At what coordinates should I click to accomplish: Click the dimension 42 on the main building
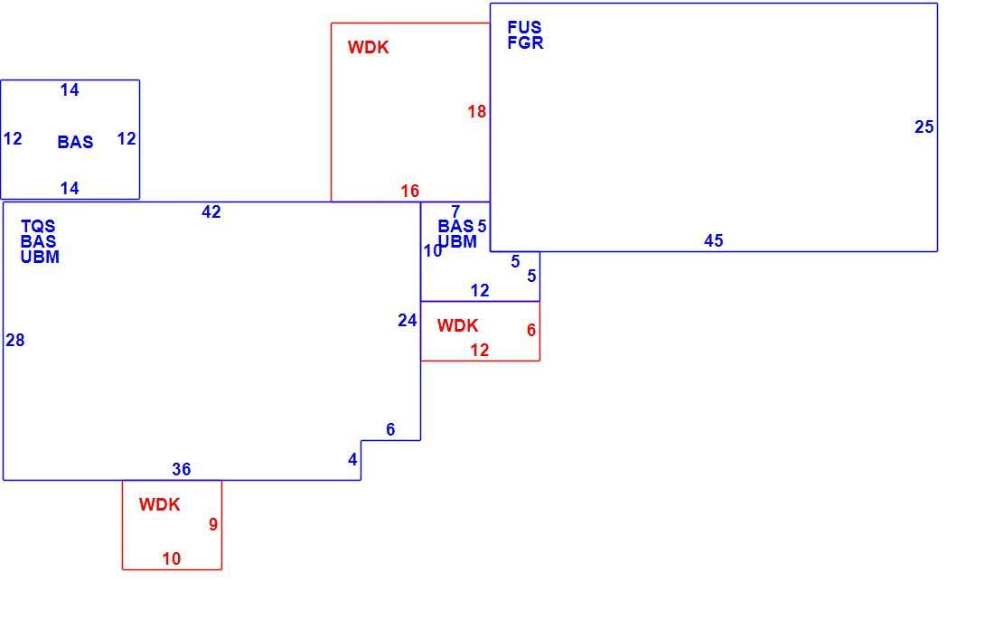click(x=211, y=211)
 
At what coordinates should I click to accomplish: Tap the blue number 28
click(x=15, y=341)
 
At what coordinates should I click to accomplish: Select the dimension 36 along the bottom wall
click(x=182, y=469)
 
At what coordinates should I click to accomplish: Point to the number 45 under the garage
click(x=714, y=241)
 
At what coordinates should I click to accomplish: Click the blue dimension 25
click(x=924, y=127)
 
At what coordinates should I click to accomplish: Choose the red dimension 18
click(x=477, y=112)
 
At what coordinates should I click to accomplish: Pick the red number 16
click(x=410, y=191)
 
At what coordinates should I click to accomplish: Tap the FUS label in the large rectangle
click(x=524, y=27)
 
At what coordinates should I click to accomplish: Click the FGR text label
click(x=526, y=42)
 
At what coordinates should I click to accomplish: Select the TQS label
click(x=38, y=227)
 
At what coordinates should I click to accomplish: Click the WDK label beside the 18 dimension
click(x=369, y=48)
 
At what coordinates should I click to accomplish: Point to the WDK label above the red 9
click(x=160, y=505)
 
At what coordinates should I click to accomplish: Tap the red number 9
click(x=213, y=524)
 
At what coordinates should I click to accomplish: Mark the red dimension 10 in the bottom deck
click(x=171, y=558)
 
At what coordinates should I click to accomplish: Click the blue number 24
click(x=407, y=321)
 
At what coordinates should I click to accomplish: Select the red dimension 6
click(x=531, y=331)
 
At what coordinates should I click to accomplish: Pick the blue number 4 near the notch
click(x=353, y=460)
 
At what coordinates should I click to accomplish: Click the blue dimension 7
click(x=455, y=211)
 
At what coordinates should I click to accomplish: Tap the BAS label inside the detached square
click(x=75, y=142)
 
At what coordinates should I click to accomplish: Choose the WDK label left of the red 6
click(x=458, y=326)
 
